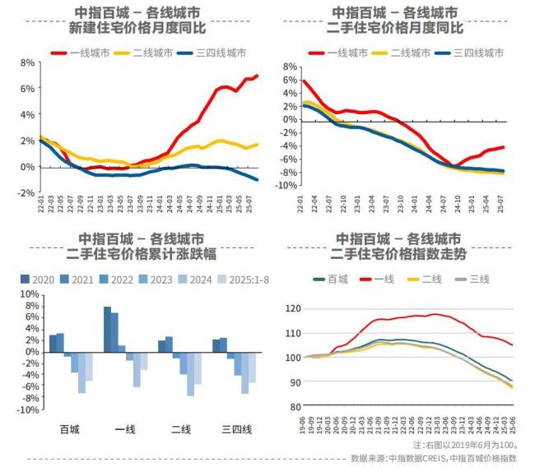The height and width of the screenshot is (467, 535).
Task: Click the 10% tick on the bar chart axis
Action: click(x=27, y=294)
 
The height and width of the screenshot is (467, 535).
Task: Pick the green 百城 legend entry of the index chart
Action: click(x=329, y=280)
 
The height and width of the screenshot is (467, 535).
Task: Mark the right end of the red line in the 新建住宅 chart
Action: click(x=257, y=76)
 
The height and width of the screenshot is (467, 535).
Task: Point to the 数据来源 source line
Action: click(x=433, y=458)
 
